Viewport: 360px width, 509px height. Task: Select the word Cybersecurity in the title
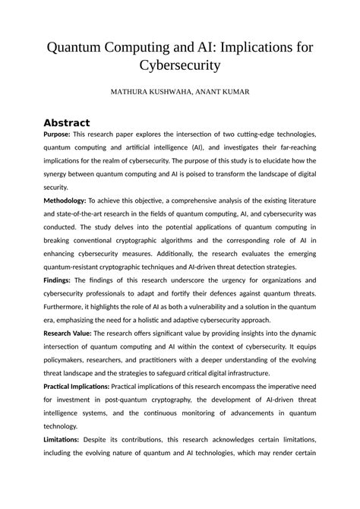(x=180, y=66)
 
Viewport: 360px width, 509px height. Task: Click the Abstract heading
(x=67, y=122)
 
